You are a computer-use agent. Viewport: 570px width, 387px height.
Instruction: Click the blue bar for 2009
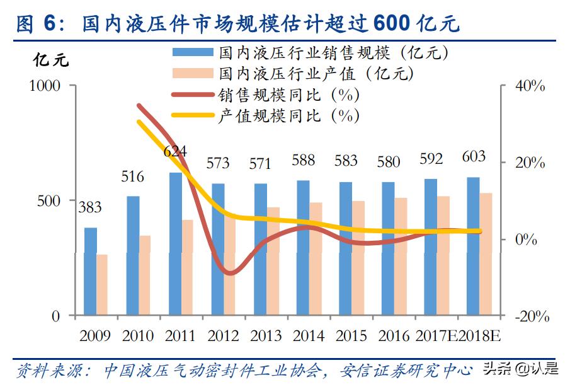coord(91,271)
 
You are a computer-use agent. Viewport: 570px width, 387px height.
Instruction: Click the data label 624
coord(175,151)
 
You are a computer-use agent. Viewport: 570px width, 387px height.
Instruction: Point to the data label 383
coord(90,207)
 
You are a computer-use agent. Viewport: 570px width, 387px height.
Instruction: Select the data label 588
coord(303,160)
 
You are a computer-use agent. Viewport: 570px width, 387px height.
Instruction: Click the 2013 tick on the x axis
coord(266,335)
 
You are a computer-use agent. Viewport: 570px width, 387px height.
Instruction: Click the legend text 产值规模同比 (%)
coord(289,116)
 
